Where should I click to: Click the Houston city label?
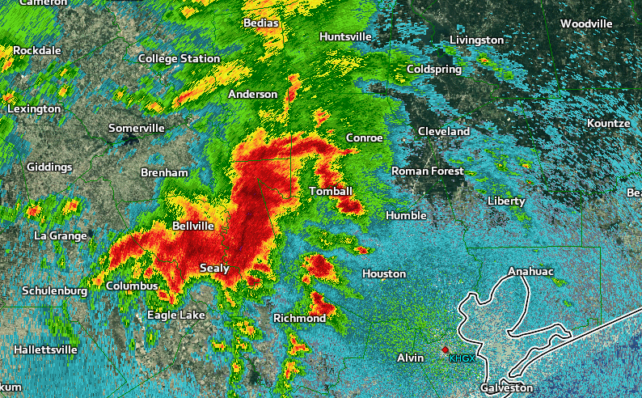[383, 274]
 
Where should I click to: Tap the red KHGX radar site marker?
[445, 349]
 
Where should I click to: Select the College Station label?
[179, 58]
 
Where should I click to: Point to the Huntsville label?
[345, 37]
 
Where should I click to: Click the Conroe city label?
[364, 138]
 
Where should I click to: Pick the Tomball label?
[331, 191]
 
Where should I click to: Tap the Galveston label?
[507, 388]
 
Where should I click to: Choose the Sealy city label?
[214, 268]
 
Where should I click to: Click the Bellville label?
[193, 227]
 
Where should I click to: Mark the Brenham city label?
[164, 173]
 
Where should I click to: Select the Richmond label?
[299, 318]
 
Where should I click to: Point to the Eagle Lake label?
[175, 315]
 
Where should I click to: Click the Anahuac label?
[530, 271]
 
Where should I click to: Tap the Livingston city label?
[476, 40]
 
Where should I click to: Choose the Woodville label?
[586, 23]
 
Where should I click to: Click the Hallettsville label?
[45, 349]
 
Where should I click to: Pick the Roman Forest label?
[428, 171]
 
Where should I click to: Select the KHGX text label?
[462, 358]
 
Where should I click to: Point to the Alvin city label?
[411, 358]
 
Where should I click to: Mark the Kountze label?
[609, 123]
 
